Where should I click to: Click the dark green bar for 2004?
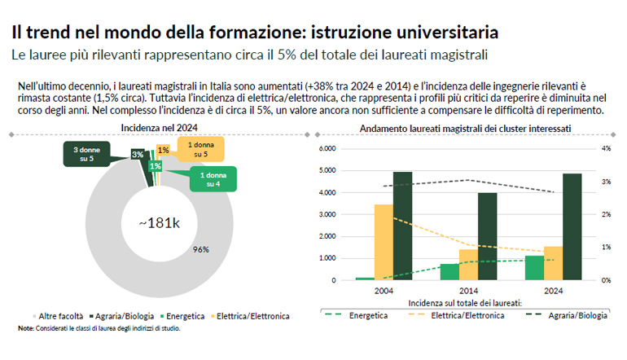coord(402,226)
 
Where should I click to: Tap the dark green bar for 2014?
coord(487,236)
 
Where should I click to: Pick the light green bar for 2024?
coord(534,268)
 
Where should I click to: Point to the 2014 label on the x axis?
coord(468,290)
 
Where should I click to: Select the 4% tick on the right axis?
coord(606,149)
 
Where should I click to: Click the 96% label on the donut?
coord(201,249)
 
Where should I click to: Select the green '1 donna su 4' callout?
coord(213,179)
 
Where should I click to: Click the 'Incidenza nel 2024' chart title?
coord(160,128)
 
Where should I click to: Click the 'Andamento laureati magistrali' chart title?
coord(465,128)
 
